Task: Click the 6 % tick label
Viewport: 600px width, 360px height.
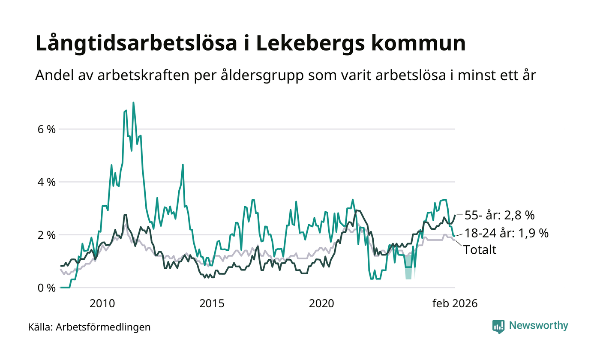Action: tap(47, 129)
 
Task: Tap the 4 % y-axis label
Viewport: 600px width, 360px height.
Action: tap(47, 182)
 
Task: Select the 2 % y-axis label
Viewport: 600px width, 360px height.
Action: tap(47, 235)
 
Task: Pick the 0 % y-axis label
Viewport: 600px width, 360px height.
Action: tap(47, 288)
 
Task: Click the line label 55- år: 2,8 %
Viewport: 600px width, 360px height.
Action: tap(499, 215)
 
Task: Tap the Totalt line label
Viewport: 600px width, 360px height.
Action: tap(480, 250)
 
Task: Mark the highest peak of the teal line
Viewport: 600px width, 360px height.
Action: tap(133, 103)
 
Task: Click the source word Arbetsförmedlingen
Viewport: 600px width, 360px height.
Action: tap(103, 327)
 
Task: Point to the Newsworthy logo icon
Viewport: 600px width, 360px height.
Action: tap(498, 327)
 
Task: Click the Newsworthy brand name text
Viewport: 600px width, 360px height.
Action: tap(538, 326)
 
